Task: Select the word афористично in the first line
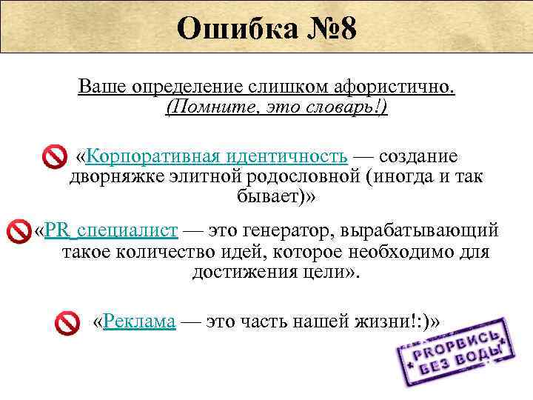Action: coord(399,87)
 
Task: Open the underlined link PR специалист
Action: coord(111,230)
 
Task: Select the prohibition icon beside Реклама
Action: coord(67,323)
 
